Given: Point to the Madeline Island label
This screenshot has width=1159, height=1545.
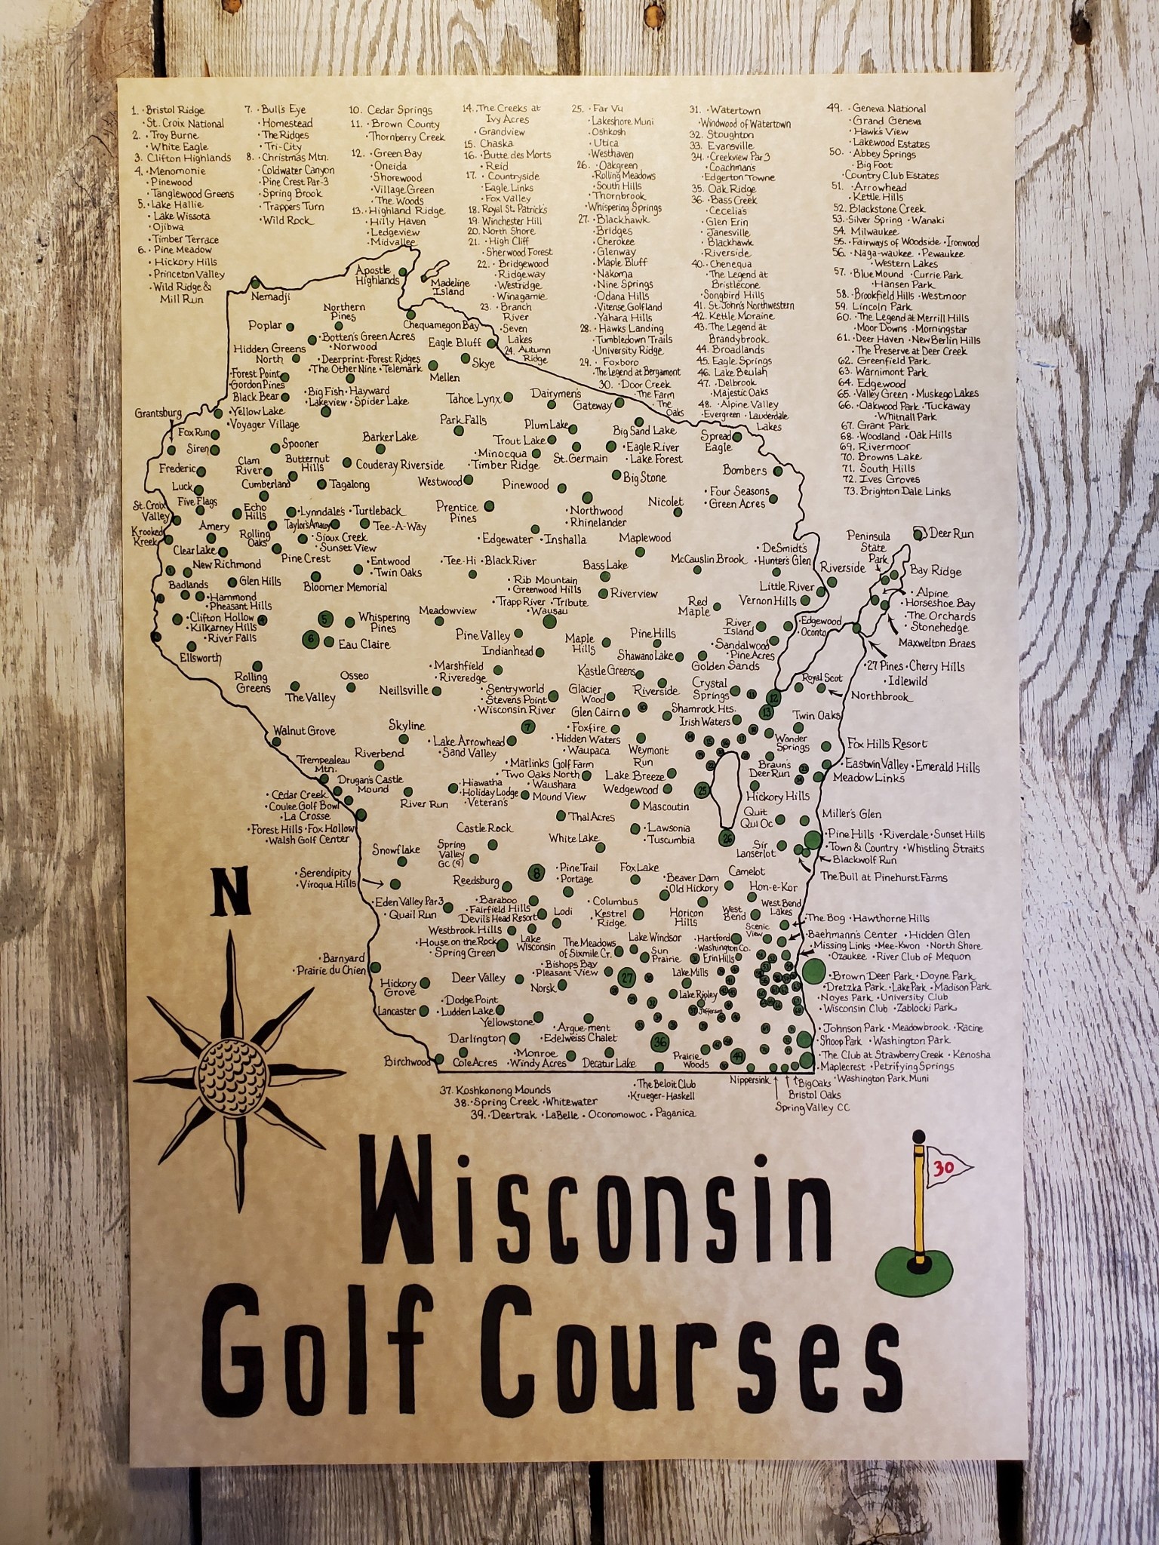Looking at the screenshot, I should coord(450,287).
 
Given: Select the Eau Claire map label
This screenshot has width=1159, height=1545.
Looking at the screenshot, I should coord(364,644).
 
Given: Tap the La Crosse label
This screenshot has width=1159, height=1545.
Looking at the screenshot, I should coord(305,816).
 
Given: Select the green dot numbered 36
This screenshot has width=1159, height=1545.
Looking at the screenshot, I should coord(660,1042).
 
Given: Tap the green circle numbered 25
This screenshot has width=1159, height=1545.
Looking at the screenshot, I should coord(703,790).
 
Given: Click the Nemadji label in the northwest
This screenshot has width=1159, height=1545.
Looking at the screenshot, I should coord(270,297).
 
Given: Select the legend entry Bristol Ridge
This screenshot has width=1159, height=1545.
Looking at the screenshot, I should coord(175,111).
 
